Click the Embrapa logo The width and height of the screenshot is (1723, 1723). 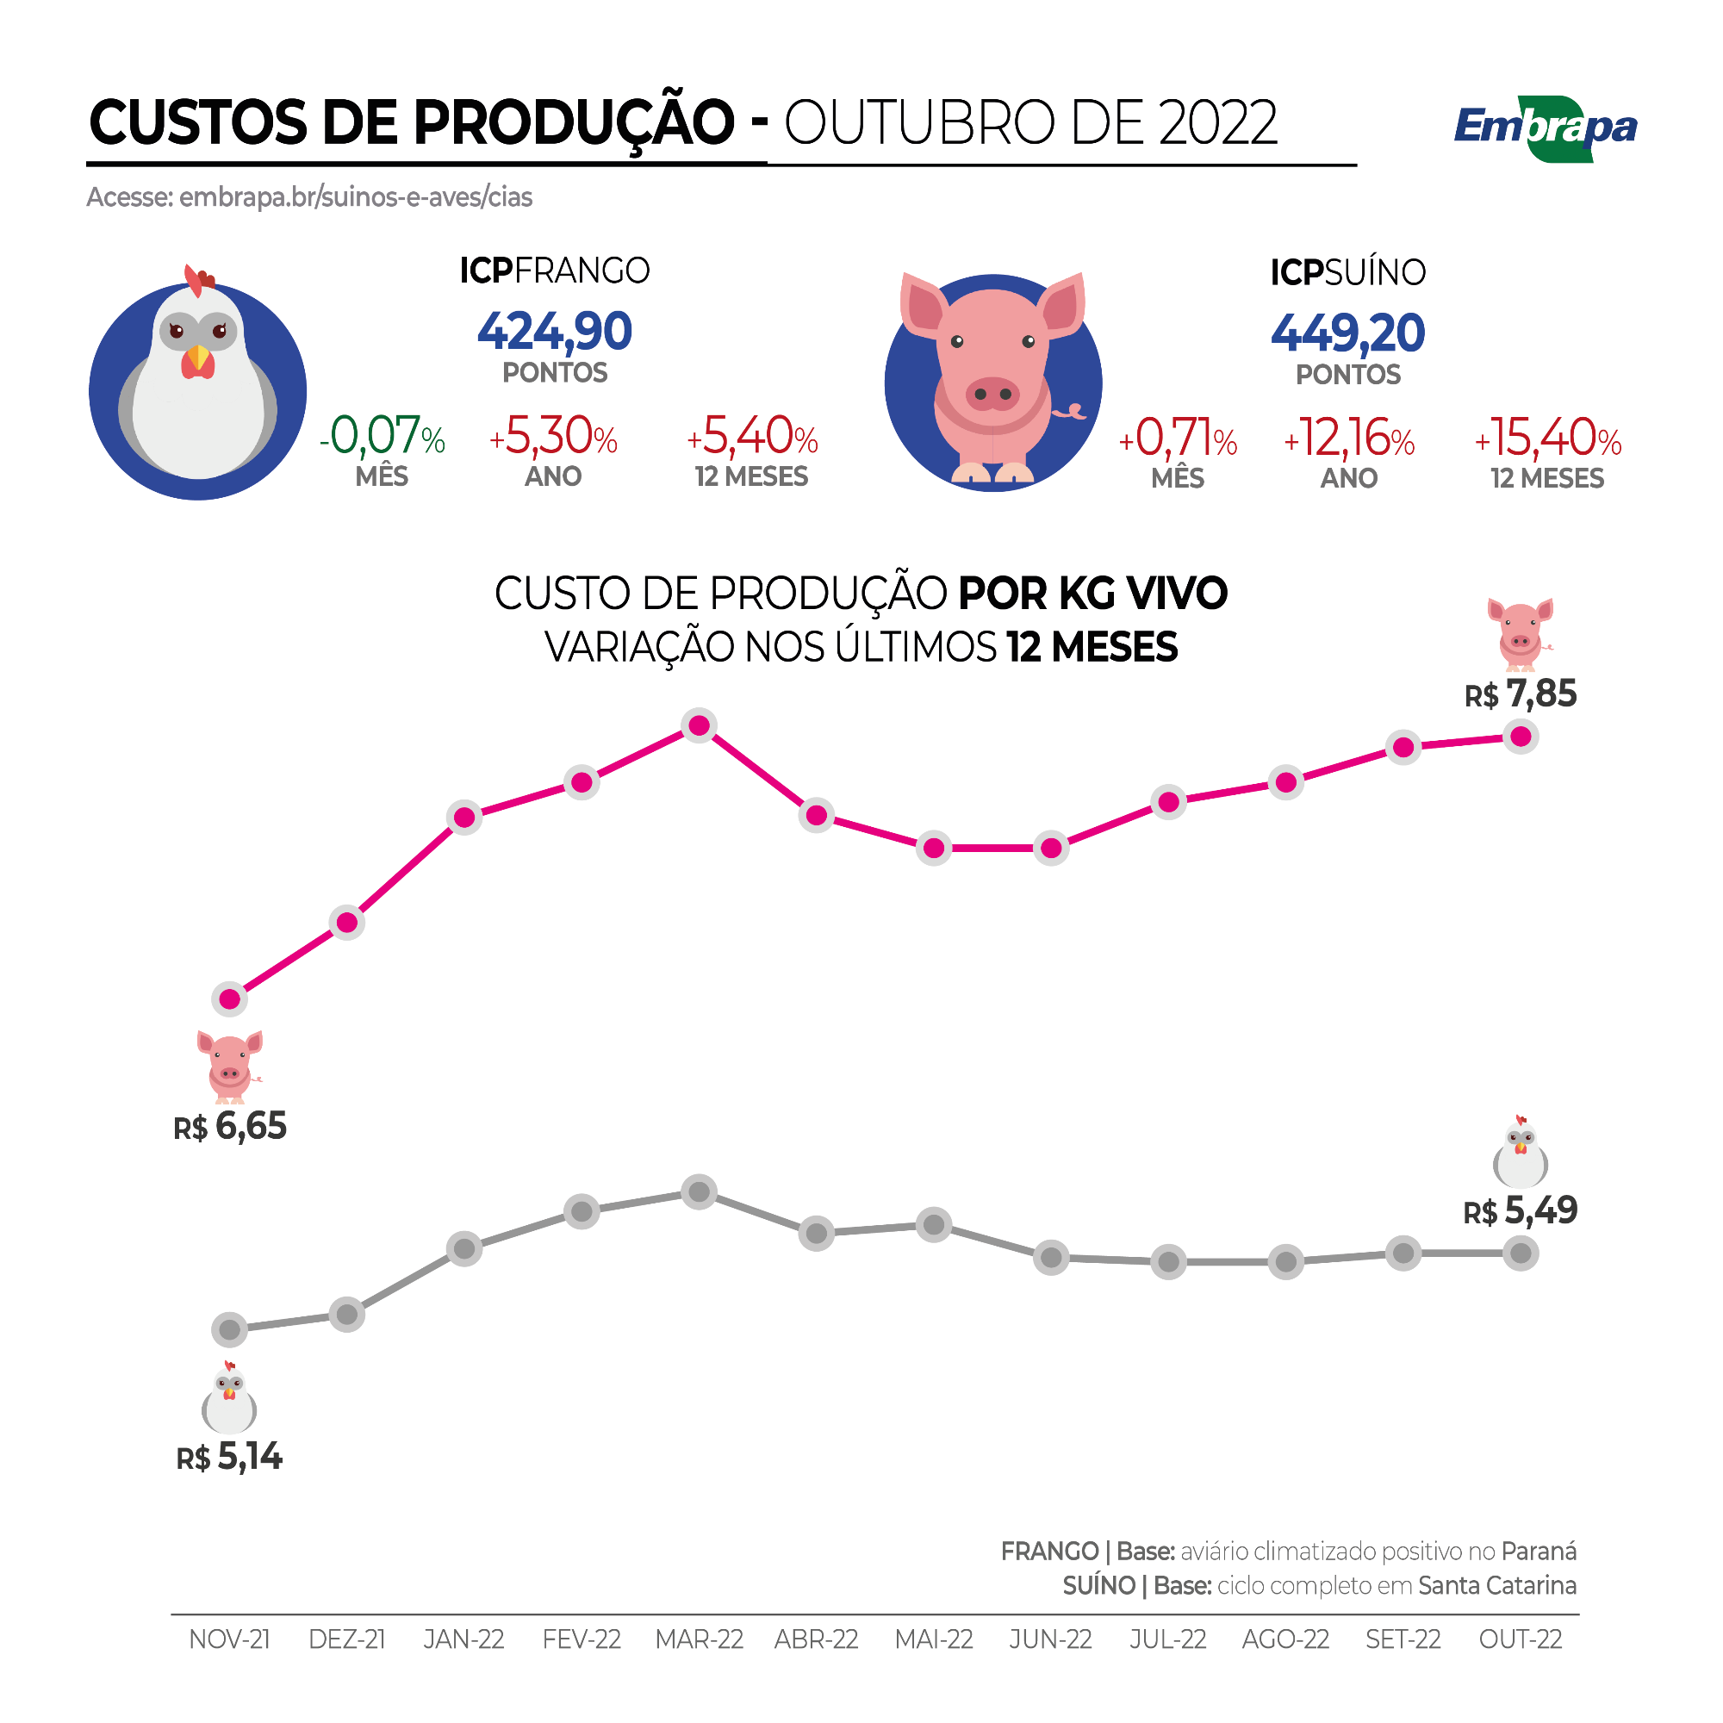click(x=1545, y=129)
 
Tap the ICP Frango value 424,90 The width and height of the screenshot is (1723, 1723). click(x=555, y=332)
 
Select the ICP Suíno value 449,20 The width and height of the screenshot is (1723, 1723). click(x=1347, y=333)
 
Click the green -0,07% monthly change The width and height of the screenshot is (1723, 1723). click(x=382, y=437)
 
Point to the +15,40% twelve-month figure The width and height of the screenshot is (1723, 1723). click(x=1547, y=439)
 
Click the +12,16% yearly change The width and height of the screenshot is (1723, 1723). click(x=1348, y=439)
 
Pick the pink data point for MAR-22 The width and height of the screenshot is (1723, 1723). click(x=700, y=726)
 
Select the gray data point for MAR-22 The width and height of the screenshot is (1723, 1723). click(x=700, y=1191)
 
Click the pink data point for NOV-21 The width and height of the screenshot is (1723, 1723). click(x=230, y=998)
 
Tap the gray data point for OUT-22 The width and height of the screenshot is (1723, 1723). click(x=1521, y=1253)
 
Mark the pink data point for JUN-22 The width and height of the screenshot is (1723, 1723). click(x=1051, y=848)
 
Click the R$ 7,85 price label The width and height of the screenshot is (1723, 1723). click(x=1521, y=694)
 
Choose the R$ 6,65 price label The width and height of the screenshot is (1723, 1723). click(x=230, y=1127)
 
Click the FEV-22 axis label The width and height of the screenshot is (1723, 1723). click(x=582, y=1639)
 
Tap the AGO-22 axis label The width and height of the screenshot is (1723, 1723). click(x=1285, y=1639)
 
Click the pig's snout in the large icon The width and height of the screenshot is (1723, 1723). click(x=992, y=394)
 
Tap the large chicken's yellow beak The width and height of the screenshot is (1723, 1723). click(x=198, y=358)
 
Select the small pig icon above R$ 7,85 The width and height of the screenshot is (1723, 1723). click(x=1520, y=634)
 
